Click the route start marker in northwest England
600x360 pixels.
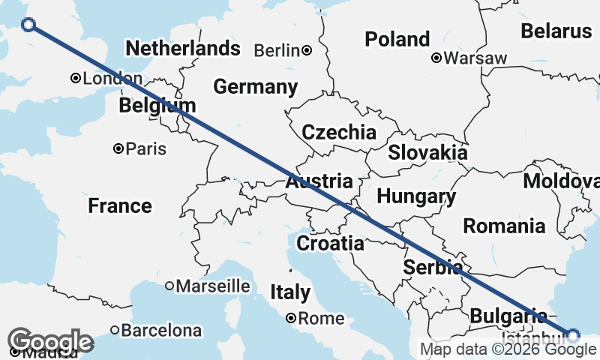tap(28, 25)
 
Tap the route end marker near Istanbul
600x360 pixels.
tap(573, 335)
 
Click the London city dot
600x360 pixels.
tap(76, 78)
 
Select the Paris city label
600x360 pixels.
tap(145, 148)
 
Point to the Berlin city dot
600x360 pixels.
tap(307, 50)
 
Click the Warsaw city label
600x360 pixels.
tap(475, 58)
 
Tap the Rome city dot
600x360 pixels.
tap(292, 318)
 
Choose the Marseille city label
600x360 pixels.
tap(213, 286)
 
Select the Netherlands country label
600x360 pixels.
tap(183, 49)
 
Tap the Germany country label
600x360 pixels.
tap(255, 87)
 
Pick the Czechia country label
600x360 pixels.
tap(338, 133)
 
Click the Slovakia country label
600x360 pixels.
tap(427, 152)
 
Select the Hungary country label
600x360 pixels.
tap(416, 196)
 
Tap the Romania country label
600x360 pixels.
tap(504, 226)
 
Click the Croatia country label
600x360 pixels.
tap(331, 244)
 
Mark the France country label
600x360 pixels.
tap(120, 205)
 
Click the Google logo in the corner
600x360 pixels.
tap(51, 341)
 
